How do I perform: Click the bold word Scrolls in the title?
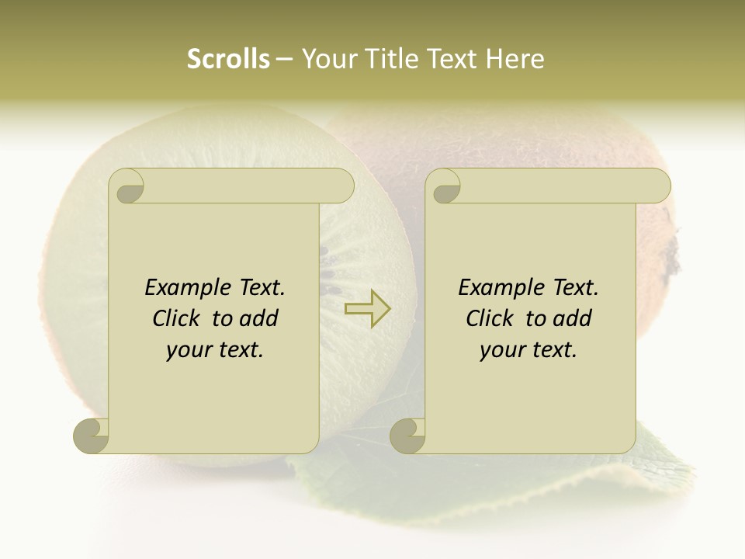[228, 59]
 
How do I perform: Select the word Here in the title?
[516, 59]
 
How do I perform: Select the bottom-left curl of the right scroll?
[408, 436]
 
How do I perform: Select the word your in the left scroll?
[189, 350]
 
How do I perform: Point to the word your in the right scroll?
[502, 350]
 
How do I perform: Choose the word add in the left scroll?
[259, 318]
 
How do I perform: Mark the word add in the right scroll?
[573, 318]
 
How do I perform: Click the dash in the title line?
[285, 60]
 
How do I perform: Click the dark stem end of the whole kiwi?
[672, 248]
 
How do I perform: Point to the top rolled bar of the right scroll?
[559, 186]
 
